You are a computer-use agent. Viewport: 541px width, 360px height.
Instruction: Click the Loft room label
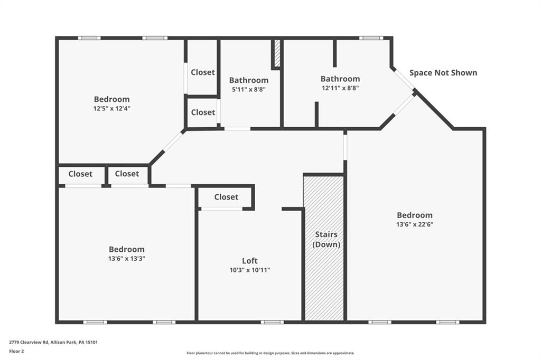click(x=249, y=261)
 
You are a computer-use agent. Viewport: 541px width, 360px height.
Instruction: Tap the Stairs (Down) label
click(x=326, y=239)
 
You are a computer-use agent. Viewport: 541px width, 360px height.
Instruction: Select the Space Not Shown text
click(x=443, y=73)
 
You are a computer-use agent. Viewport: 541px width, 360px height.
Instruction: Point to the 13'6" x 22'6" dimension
click(x=415, y=224)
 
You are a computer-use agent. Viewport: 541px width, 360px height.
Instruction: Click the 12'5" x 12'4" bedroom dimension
click(x=112, y=108)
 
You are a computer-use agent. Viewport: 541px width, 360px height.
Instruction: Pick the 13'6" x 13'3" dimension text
click(x=127, y=259)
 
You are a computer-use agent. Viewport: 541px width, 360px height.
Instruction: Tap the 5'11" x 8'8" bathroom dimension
click(x=249, y=89)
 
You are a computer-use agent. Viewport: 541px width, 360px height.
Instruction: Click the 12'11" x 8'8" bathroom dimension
click(x=340, y=88)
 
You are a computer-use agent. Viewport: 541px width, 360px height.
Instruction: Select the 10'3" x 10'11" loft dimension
click(x=250, y=270)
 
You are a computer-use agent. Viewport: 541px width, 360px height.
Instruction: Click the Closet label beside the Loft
click(x=226, y=197)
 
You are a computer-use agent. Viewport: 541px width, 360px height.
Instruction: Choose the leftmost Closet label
click(x=80, y=174)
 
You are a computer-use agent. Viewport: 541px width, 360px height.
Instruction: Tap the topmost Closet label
click(x=203, y=72)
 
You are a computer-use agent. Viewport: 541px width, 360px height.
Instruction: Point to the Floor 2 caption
click(x=16, y=352)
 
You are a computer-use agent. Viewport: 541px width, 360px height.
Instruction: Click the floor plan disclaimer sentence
click(x=270, y=353)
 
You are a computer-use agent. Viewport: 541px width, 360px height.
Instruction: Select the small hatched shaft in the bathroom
click(x=277, y=54)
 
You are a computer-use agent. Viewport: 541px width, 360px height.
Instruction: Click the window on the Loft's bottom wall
click(x=272, y=323)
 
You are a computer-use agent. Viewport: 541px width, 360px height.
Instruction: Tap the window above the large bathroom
click(x=371, y=38)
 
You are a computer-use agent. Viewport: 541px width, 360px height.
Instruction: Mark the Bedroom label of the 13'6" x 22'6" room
click(x=415, y=215)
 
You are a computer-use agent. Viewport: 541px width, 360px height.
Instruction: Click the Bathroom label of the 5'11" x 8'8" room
click(x=249, y=80)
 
